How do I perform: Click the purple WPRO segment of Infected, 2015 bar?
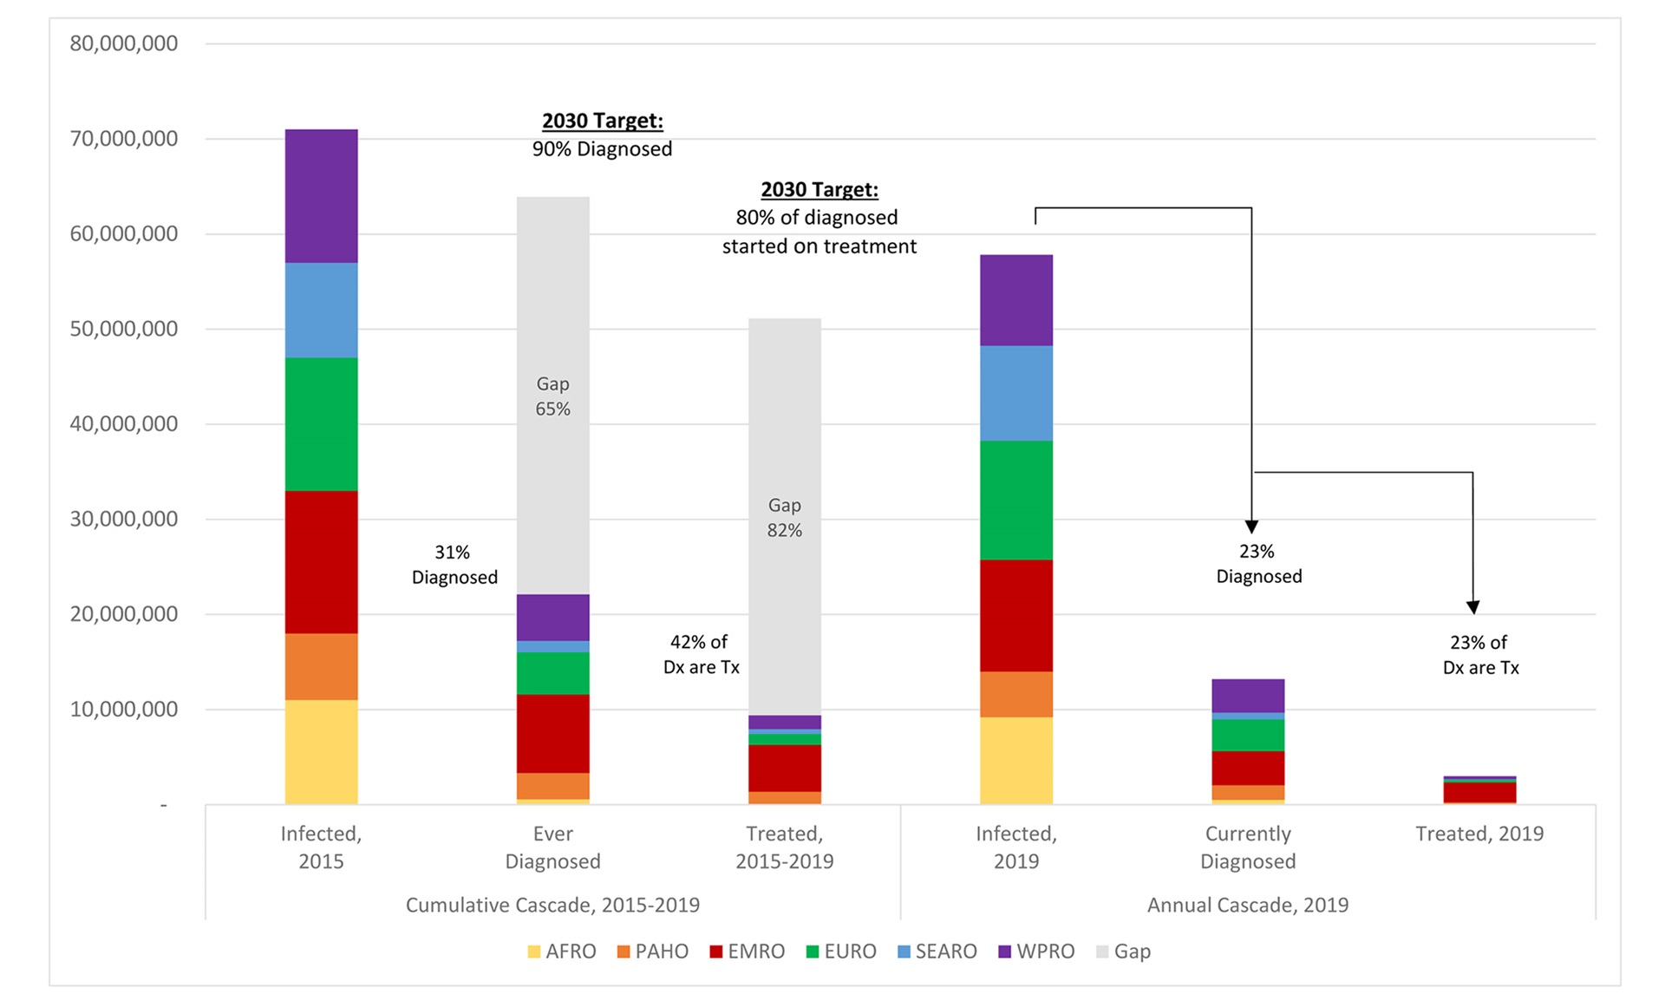click(321, 196)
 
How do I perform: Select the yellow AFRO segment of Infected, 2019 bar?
click(1016, 760)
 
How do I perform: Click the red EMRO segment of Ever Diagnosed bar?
click(552, 733)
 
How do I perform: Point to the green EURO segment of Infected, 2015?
click(321, 424)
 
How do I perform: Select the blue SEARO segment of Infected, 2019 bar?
click(1016, 393)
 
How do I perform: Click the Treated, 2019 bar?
click(1479, 791)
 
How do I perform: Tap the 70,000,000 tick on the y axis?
click(124, 139)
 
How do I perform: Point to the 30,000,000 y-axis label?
click(124, 519)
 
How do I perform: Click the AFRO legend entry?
click(562, 952)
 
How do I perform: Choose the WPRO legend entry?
click(1036, 952)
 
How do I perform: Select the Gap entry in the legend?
click(1124, 952)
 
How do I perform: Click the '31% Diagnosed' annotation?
click(454, 565)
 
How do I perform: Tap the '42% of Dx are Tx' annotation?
click(701, 654)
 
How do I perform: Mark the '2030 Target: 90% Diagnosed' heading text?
click(602, 134)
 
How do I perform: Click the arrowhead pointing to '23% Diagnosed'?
click(1251, 527)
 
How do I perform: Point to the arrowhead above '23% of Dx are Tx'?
click(1472, 607)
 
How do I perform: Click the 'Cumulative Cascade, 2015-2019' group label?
click(552, 905)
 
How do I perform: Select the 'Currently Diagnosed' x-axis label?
click(1248, 847)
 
